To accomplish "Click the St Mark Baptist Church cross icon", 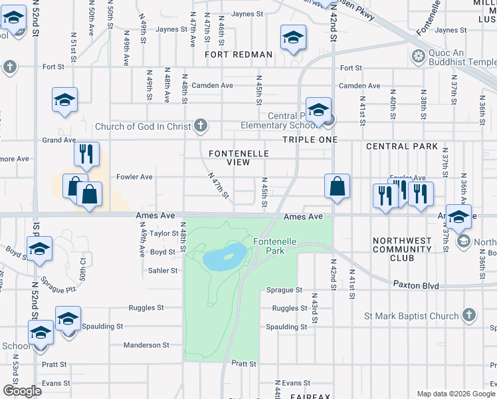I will point(469,315).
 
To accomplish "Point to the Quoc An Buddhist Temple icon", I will point(419,56).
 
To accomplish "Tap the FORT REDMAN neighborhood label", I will point(239,55).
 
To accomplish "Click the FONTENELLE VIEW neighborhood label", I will point(239,158).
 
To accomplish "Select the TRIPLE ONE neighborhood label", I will point(310,140).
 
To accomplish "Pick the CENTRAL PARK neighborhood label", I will point(401,146).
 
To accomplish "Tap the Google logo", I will point(22,391).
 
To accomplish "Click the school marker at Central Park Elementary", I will point(318,108).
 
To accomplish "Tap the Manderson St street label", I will point(146,345).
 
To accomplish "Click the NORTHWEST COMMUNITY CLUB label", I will point(403,249).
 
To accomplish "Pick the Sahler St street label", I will point(163,271).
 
